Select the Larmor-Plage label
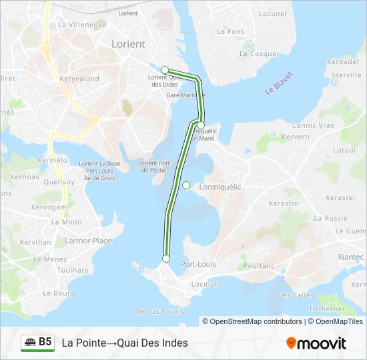pos(88,241)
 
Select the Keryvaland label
pos(79,79)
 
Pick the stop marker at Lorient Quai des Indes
pos(165,69)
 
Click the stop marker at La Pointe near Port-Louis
pos(166,259)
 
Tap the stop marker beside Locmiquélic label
pos(187,185)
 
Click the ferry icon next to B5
pos(30,343)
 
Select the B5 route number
pos(45,342)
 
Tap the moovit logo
pos(316,343)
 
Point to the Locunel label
pos(272,13)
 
